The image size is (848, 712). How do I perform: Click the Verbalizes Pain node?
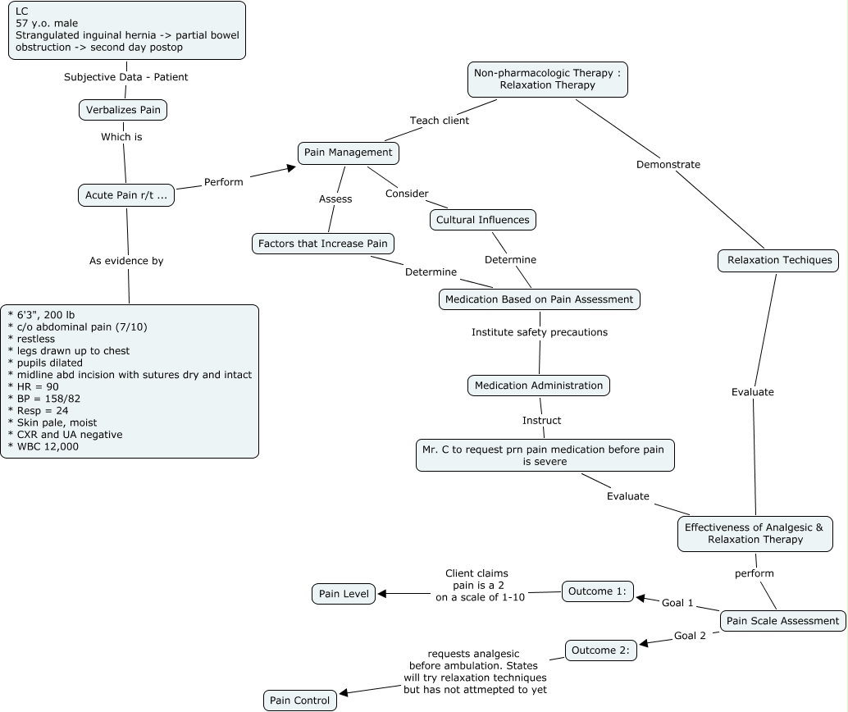123,110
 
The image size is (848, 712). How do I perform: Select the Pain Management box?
348,153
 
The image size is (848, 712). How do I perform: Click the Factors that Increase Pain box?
323,244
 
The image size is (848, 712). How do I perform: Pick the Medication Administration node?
539,386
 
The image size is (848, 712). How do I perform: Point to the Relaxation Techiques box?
778,261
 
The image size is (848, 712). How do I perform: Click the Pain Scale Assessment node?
782,621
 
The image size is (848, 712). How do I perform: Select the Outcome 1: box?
598,591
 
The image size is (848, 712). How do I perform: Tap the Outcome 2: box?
601,650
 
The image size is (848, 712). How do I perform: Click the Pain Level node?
344,594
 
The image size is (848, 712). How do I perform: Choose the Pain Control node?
300,701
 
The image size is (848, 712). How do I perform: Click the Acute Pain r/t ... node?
125,195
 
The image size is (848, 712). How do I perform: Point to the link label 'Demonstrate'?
668,164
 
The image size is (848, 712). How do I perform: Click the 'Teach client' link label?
440,121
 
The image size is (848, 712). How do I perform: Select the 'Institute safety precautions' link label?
540,332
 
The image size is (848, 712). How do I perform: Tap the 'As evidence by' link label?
126,261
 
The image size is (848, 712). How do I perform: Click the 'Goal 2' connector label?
690,636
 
